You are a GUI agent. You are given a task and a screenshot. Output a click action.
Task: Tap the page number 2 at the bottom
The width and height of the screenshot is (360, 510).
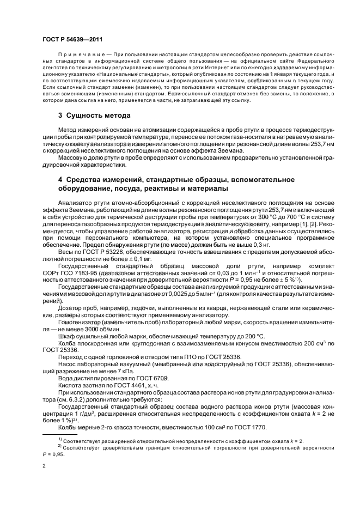(x=45, y=466)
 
